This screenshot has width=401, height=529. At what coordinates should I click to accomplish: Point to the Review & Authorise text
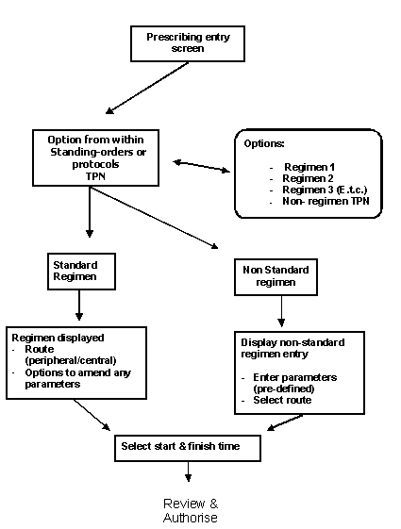190,510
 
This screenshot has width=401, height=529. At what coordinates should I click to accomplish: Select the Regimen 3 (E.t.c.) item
324,190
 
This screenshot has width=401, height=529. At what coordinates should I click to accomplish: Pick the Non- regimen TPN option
323,202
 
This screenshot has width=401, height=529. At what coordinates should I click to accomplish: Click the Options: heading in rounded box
264,143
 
